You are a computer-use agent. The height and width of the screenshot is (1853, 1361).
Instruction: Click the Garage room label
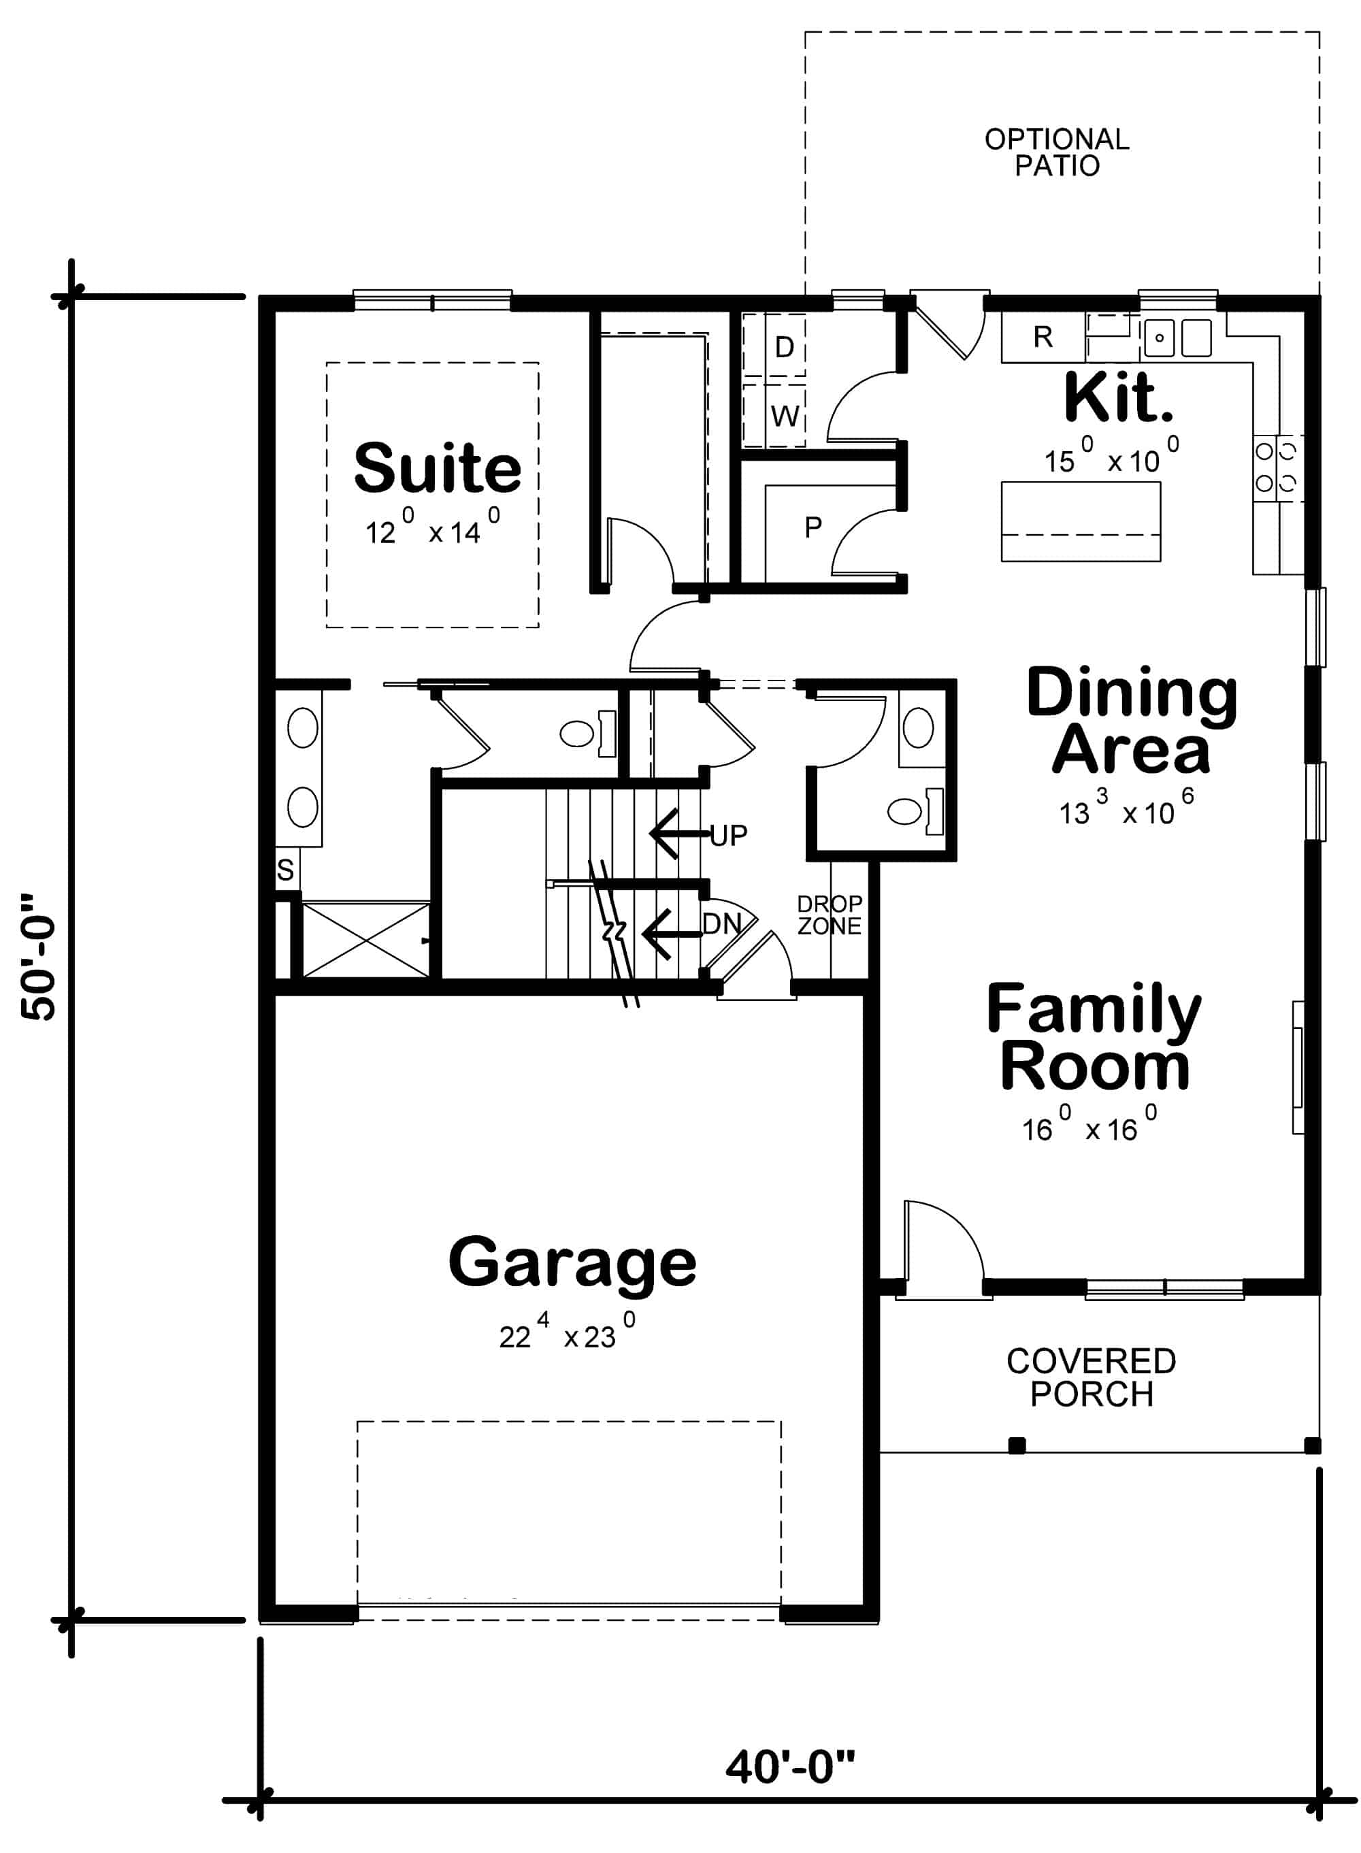572,1263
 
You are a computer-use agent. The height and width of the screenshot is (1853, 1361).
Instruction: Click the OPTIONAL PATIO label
1057,152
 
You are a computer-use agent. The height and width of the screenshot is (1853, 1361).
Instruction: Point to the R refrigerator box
1043,337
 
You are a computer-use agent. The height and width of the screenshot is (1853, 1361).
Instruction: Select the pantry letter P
813,527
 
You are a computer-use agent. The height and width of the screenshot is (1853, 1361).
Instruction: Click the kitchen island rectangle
1080,521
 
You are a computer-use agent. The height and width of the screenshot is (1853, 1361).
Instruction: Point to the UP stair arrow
680,834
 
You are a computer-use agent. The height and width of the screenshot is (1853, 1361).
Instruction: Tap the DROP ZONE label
829,915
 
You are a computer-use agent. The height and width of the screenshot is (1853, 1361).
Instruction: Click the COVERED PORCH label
1091,1377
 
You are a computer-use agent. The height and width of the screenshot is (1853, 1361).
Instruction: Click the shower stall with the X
366,940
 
